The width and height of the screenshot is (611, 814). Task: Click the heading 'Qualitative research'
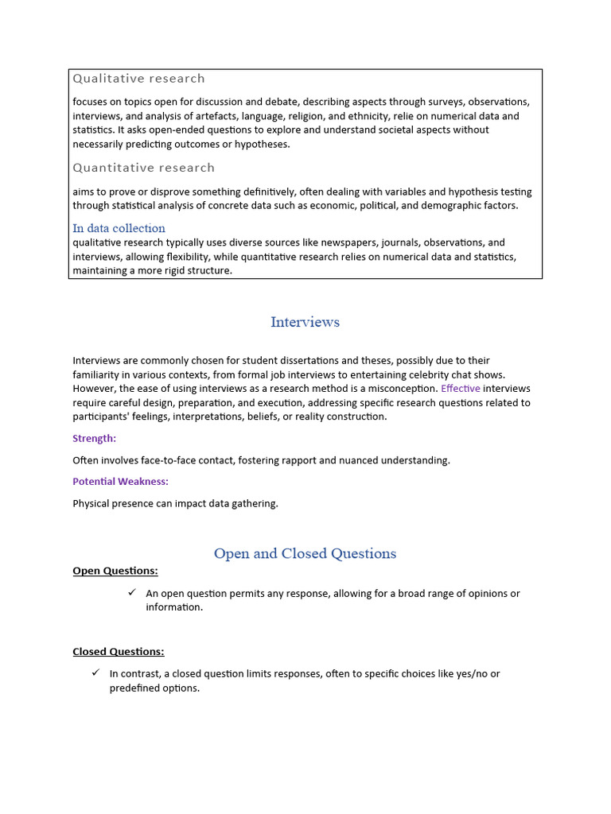click(x=138, y=78)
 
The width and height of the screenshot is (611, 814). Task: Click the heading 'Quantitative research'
click(x=143, y=168)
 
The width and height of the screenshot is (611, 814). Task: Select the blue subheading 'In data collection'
click(x=119, y=228)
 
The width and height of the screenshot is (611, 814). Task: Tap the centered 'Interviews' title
click(x=305, y=322)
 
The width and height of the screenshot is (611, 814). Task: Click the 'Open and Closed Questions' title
click(x=305, y=554)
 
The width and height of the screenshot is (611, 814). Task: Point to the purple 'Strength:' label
click(x=94, y=439)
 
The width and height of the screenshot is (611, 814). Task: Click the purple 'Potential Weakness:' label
click(x=120, y=482)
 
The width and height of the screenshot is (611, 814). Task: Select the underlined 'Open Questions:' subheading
click(x=115, y=571)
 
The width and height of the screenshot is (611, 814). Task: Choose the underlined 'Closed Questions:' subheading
click(x=118, y=652)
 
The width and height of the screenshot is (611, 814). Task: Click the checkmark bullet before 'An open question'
click(x=132, y=593)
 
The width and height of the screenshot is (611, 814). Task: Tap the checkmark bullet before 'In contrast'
click(x=95, y=673)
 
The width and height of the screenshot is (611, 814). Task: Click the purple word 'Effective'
click(x=461, y=389)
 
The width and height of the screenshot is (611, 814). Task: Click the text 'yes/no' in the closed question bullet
click(x=472, y=674)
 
